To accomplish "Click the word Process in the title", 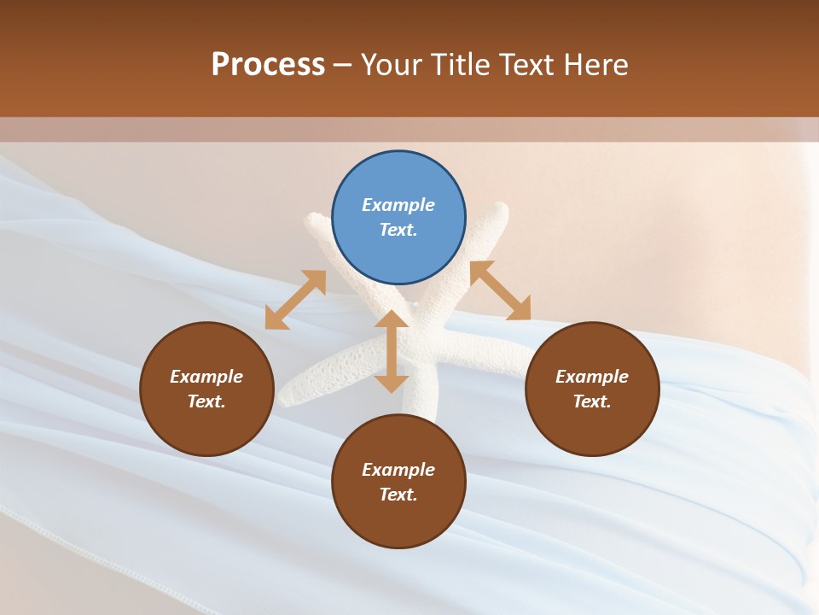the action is pos(268,65).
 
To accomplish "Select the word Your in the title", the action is pos(391,65).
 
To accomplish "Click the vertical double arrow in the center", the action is pos(392,351).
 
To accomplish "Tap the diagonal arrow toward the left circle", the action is pos(295,300).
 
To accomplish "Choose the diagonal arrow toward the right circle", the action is pos(501,291).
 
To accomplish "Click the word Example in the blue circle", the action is pos(398,205).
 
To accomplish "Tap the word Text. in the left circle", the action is pos(206,401).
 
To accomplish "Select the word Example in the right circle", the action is pos(592,377).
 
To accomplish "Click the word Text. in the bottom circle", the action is pos(398,495).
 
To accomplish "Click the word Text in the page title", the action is pos(526,65).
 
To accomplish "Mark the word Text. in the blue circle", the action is pos(398,230).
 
